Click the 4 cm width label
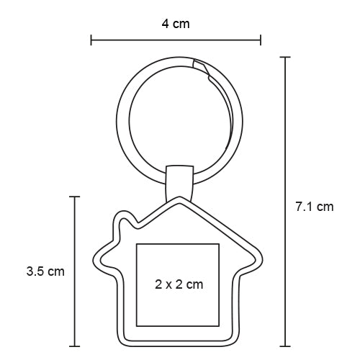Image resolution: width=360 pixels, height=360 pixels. [176, 24]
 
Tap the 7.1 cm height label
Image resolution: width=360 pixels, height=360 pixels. [315, 207]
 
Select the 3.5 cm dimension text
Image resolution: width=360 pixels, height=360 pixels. [45, 271]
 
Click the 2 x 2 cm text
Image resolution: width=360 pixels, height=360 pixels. [179, 284]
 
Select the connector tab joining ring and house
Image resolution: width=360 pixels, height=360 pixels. [179, 181]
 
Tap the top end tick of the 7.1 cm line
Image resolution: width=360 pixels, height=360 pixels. [285, 57]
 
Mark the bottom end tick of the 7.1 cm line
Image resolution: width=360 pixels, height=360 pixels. [285, 344]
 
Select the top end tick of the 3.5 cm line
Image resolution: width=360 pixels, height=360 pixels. [75, 195]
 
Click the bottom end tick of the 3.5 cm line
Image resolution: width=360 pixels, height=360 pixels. [75, 344]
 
